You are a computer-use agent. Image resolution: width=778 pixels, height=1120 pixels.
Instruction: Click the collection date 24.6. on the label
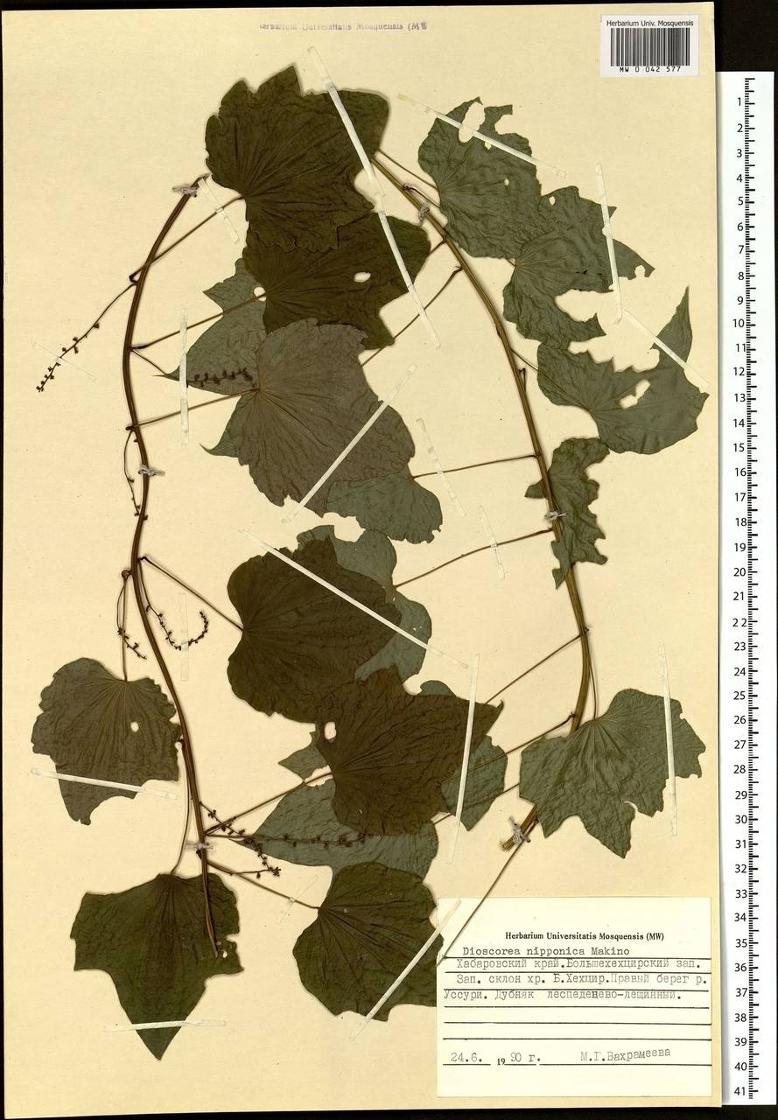point(465,1058)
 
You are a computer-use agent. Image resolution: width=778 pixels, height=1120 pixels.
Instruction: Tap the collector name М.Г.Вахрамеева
point(628,1057)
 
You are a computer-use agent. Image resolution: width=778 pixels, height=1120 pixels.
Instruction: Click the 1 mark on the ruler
point(740,101)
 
